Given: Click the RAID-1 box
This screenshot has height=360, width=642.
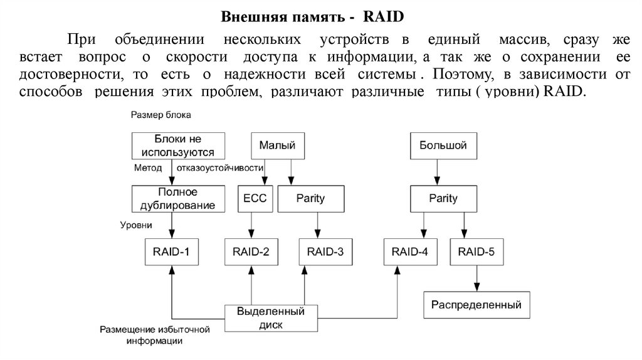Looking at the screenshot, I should (171, 253).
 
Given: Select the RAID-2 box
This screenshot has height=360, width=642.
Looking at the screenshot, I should (251, 253).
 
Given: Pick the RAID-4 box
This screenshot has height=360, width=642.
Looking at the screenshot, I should (410, 253).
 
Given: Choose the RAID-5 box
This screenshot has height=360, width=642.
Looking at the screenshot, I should (476, 253).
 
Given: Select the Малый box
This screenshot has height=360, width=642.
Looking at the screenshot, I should (273, 146).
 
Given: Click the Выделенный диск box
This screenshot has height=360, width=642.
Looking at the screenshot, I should (269, 317).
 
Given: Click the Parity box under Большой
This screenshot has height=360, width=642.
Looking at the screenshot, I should (443, 199).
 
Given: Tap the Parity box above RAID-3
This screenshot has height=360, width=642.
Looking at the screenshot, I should (310, 199).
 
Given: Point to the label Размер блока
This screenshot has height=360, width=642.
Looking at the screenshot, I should (160, 115).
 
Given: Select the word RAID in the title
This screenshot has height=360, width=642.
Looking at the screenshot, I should (382, 14).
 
